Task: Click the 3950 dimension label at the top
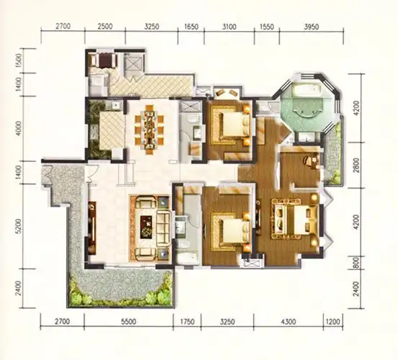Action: click(x=311, y=27)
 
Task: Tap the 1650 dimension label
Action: click(x=191, y=27)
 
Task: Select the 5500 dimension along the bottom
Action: click(x=129, y=322)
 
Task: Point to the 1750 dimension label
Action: click(x=187, y=322)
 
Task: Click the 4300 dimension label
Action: click(x=289, y=322)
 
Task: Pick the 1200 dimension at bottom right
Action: click(x=333, y=322)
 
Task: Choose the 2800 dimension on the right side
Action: click(x=357, y=166)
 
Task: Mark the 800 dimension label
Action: click(x=356, y=263)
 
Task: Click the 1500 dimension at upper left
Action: click(x=19, y=60)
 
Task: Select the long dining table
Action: click(x=149, y=130)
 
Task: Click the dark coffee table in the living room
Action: click(x=145, y=227)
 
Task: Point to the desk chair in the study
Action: click(x=307, y=161)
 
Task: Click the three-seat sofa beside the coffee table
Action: click(x=163, y=228)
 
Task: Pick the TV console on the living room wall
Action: click(x=92, y=228)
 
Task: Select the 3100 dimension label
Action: click(x=229, y=27)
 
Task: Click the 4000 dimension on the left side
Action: click(x=19, y=128)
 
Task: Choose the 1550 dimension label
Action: click(x=267, y=27)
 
